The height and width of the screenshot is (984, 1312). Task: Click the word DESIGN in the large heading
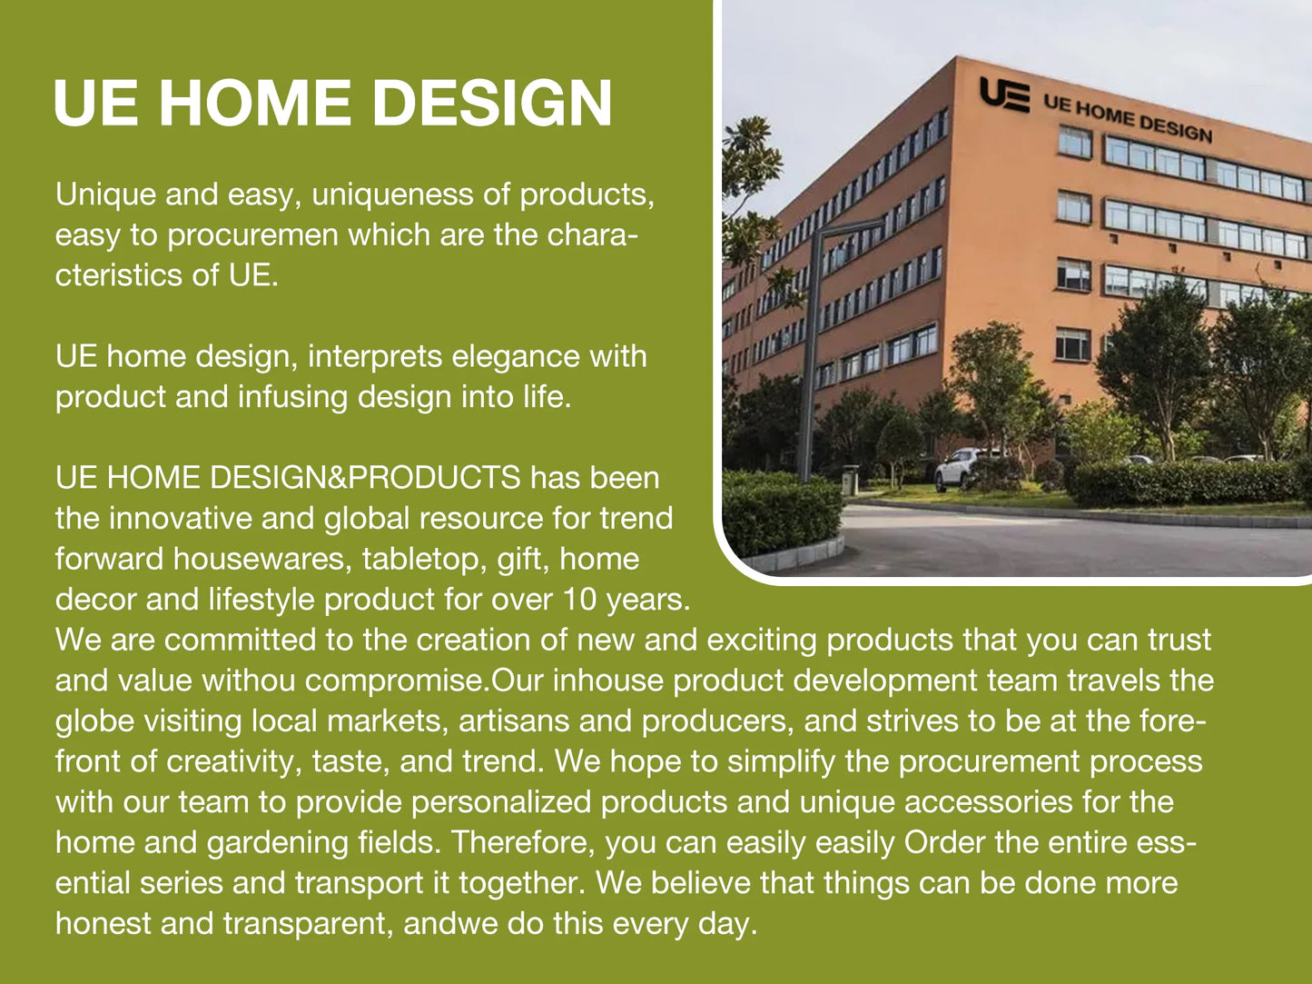(491, 103)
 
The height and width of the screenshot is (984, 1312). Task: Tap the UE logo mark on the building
(1004, 94)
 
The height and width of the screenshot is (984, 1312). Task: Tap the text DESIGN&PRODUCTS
(365, 478)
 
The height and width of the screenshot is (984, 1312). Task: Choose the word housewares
(261, 560)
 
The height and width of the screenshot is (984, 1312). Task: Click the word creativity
(233, 761)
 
